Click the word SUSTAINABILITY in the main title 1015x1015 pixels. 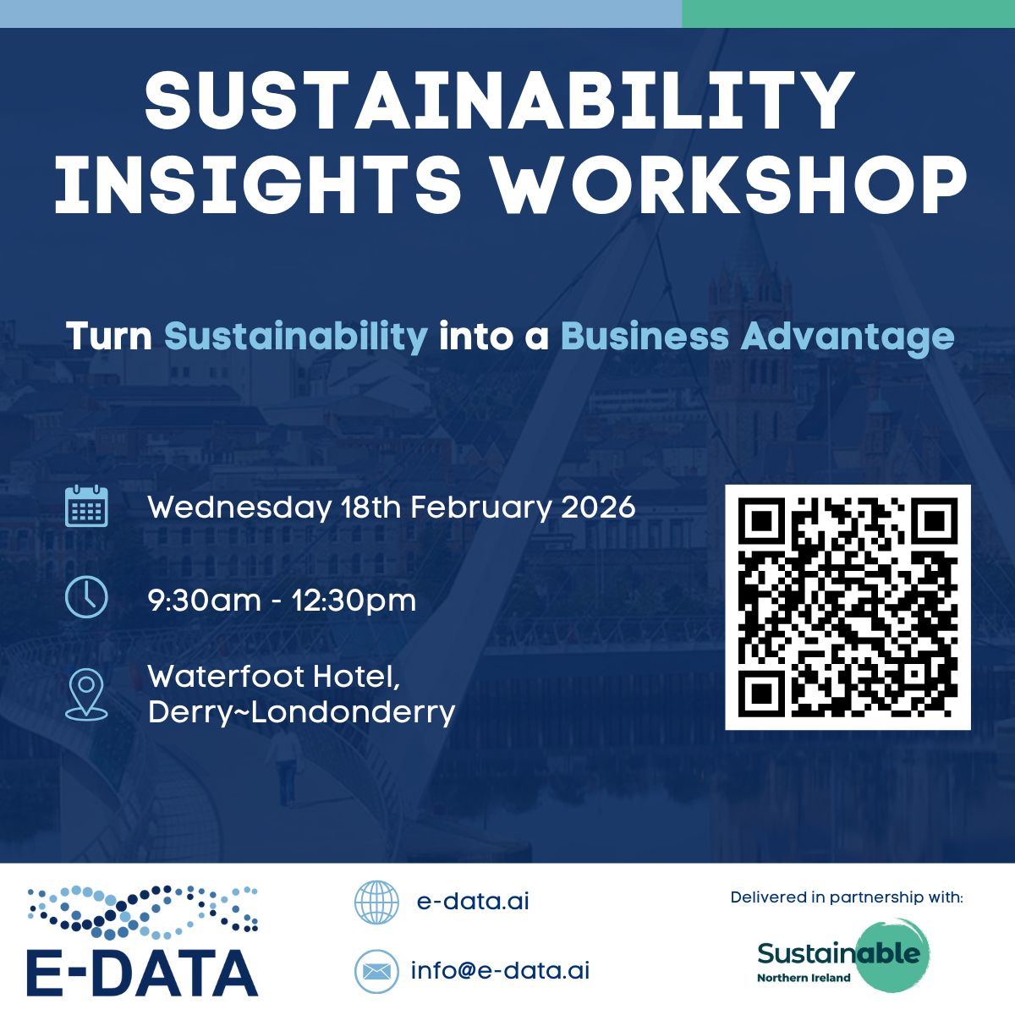point(499,100)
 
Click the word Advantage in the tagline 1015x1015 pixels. point(848,337)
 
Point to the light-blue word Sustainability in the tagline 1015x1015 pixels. point(296,337)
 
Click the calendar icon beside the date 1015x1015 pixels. point(86,507)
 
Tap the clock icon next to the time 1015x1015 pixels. point(86,598)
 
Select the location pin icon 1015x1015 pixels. point(86,694)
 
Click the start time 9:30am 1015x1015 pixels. point(205,601)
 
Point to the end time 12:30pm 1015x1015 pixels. point(354,601)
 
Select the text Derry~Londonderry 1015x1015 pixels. point(301,712)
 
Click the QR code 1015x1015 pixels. point(848,607)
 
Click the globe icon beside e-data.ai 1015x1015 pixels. point(376,902)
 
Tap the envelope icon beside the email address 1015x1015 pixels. point(376,971)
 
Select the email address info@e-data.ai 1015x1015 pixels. point(500,971)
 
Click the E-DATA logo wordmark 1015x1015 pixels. point(142,974)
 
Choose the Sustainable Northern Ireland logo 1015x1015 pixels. point(843,956)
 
